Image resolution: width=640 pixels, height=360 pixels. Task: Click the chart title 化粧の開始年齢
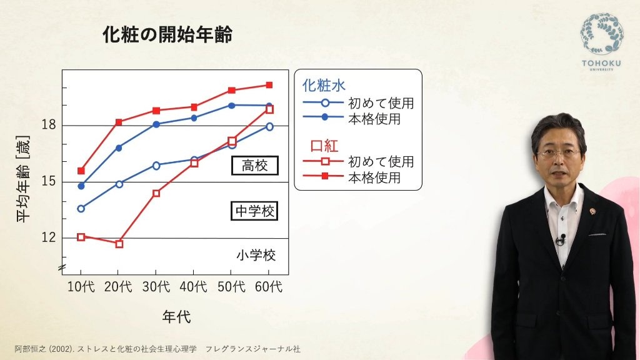tap(167, 34)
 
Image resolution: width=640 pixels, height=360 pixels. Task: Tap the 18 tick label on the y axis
tap(49, 125)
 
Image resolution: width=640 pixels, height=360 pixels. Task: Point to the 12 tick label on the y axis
tap(49, 237)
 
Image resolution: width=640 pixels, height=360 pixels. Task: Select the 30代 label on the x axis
tap(156, 286)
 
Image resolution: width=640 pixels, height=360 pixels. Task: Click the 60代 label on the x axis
tap(269, 286)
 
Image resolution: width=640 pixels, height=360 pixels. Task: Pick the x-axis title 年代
tap(176, 316)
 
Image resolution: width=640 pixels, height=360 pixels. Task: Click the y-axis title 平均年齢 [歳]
tap(23, 179)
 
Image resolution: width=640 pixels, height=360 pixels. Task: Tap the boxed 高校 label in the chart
tap(255, 165)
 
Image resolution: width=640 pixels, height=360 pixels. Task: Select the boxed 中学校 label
tap(254, 211)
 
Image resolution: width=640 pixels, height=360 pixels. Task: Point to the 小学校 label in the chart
tap(256, 256)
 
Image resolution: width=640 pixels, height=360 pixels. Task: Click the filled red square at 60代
tap(269, 85)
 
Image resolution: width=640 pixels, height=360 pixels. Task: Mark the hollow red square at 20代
tap(119, 244)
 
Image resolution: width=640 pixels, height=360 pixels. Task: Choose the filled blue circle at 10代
tap(81, 186)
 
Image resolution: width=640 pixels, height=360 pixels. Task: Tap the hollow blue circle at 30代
tap(156, 165)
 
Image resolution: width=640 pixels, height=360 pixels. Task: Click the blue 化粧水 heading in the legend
tap(324, 85)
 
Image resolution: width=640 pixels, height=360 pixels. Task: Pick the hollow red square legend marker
tap(325, 161)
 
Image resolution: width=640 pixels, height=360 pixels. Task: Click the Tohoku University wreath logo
tap(602, 34)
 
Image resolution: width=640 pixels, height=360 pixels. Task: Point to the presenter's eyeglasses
tap(558, 154)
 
